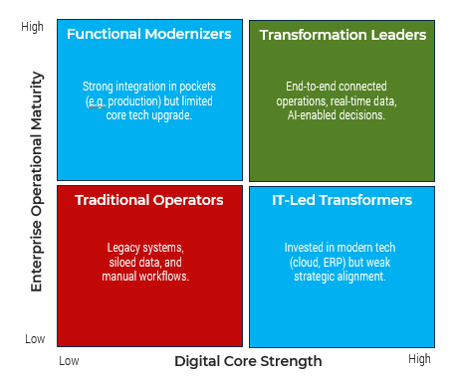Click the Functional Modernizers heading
[x=148, y=35]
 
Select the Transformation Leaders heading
[x=343, y=35]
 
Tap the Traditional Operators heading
[x=148, y=200]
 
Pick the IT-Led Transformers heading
[x=342, y=200]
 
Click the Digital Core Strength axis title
[x=248, y=361]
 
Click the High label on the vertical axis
[x=33, y=27]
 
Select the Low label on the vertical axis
[x=35, y=339]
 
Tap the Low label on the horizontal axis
[x=69, y=359]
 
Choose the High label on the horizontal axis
[x=419, y=358]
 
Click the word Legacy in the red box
[x=124, y=248]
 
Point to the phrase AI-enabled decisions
[x=343, y=114]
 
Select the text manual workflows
[x=145, y=276]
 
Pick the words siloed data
[x=138, y=262]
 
